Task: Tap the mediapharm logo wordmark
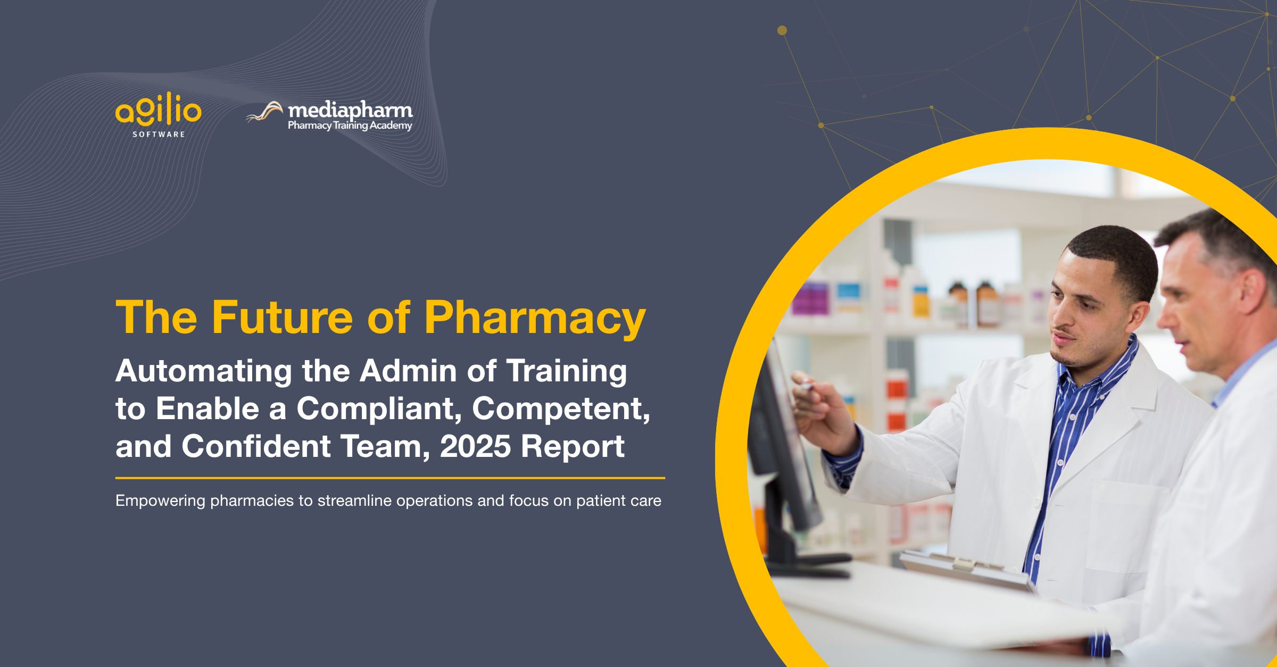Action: pyautogui.click(x=350, y=110)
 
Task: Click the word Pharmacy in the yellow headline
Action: pyautogui.click(x=534, y=318)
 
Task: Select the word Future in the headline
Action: pyautogui.click(x=282, y=318)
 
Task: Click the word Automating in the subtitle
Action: pyautogui.click(x=204, y=371)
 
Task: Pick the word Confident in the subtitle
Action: pyautogui.click(x=256, y=446)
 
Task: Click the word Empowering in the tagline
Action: pyautogui.click(x=160, y=501)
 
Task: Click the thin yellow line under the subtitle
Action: pyautogui.click(x=390, y=478)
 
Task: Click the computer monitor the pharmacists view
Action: pyautogui.click(x=782, y=452)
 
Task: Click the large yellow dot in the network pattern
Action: pyautogui.click(x=782, y=30)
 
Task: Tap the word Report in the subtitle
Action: pyautogui.click(x=573, y=446)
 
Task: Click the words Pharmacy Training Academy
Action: pyautogui.click(x=350, y=126)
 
